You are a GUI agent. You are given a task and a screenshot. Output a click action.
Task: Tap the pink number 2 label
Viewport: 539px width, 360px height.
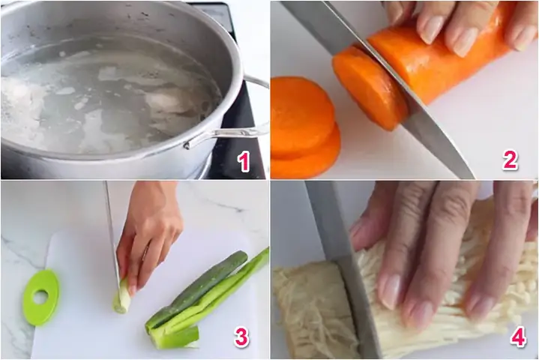(511, 160)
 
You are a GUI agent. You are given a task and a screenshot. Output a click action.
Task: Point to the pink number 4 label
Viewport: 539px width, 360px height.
(518, 337)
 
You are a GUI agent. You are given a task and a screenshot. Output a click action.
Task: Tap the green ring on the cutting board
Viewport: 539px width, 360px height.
(40, 297)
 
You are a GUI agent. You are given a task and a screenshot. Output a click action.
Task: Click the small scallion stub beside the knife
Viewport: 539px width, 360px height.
(121, 298)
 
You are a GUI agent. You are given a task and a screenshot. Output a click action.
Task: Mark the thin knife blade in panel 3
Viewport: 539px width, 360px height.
(110, 232)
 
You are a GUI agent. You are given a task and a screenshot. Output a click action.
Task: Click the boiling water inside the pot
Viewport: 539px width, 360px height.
(112, 97)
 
